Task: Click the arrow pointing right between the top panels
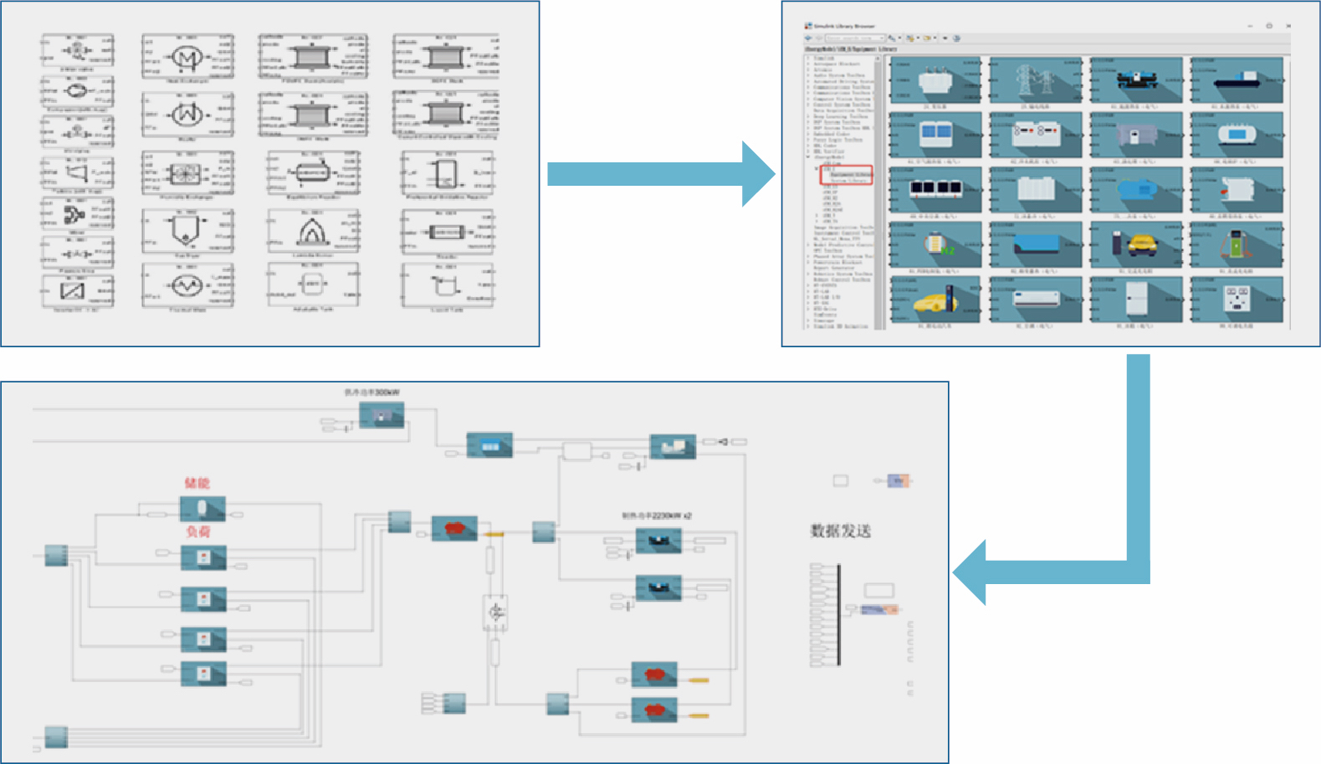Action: pos(661,174)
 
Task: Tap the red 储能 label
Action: pos(197,483)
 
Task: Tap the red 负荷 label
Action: pos(198,532)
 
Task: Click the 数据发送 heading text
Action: pos(840,531)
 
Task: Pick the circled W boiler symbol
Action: pos(186,114)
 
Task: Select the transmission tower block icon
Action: pos(1036,82)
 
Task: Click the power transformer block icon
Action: pos(935,82)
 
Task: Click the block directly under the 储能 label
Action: pos(202,509)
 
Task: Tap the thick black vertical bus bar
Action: pos(838,615)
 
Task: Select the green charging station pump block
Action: pos(1237,245)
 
